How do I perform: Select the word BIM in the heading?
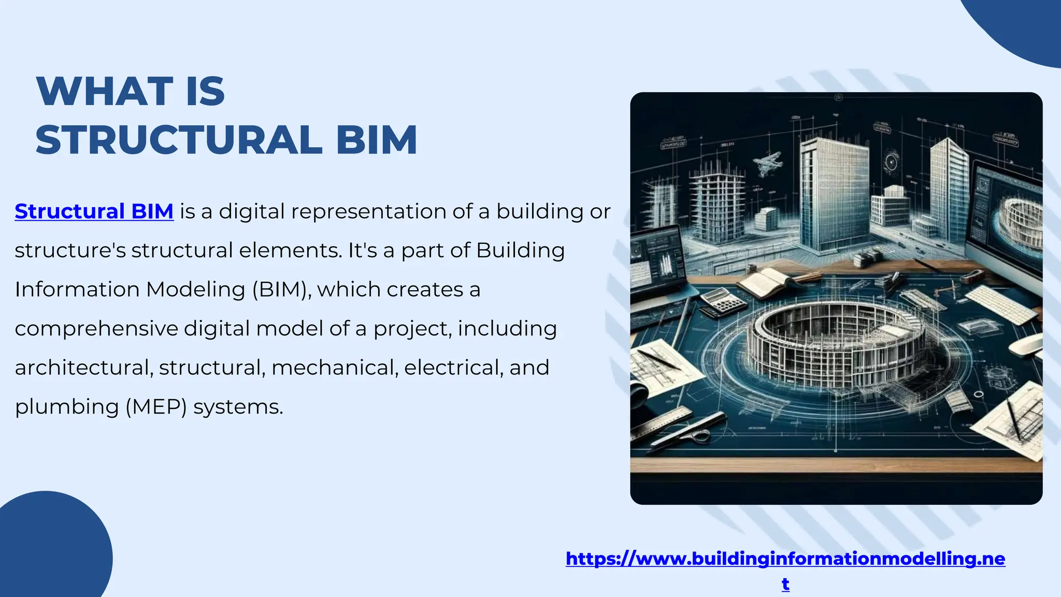(x=377, y=140)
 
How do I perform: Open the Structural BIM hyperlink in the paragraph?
(x=94, y=211)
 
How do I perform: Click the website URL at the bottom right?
(x=785, y=559)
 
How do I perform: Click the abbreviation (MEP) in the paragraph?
(x=156, y=407)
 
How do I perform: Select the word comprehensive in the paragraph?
(x=96, y=329)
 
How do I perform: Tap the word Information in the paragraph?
(x=77, y=289)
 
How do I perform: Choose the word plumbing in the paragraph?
(x=67, y=407)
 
